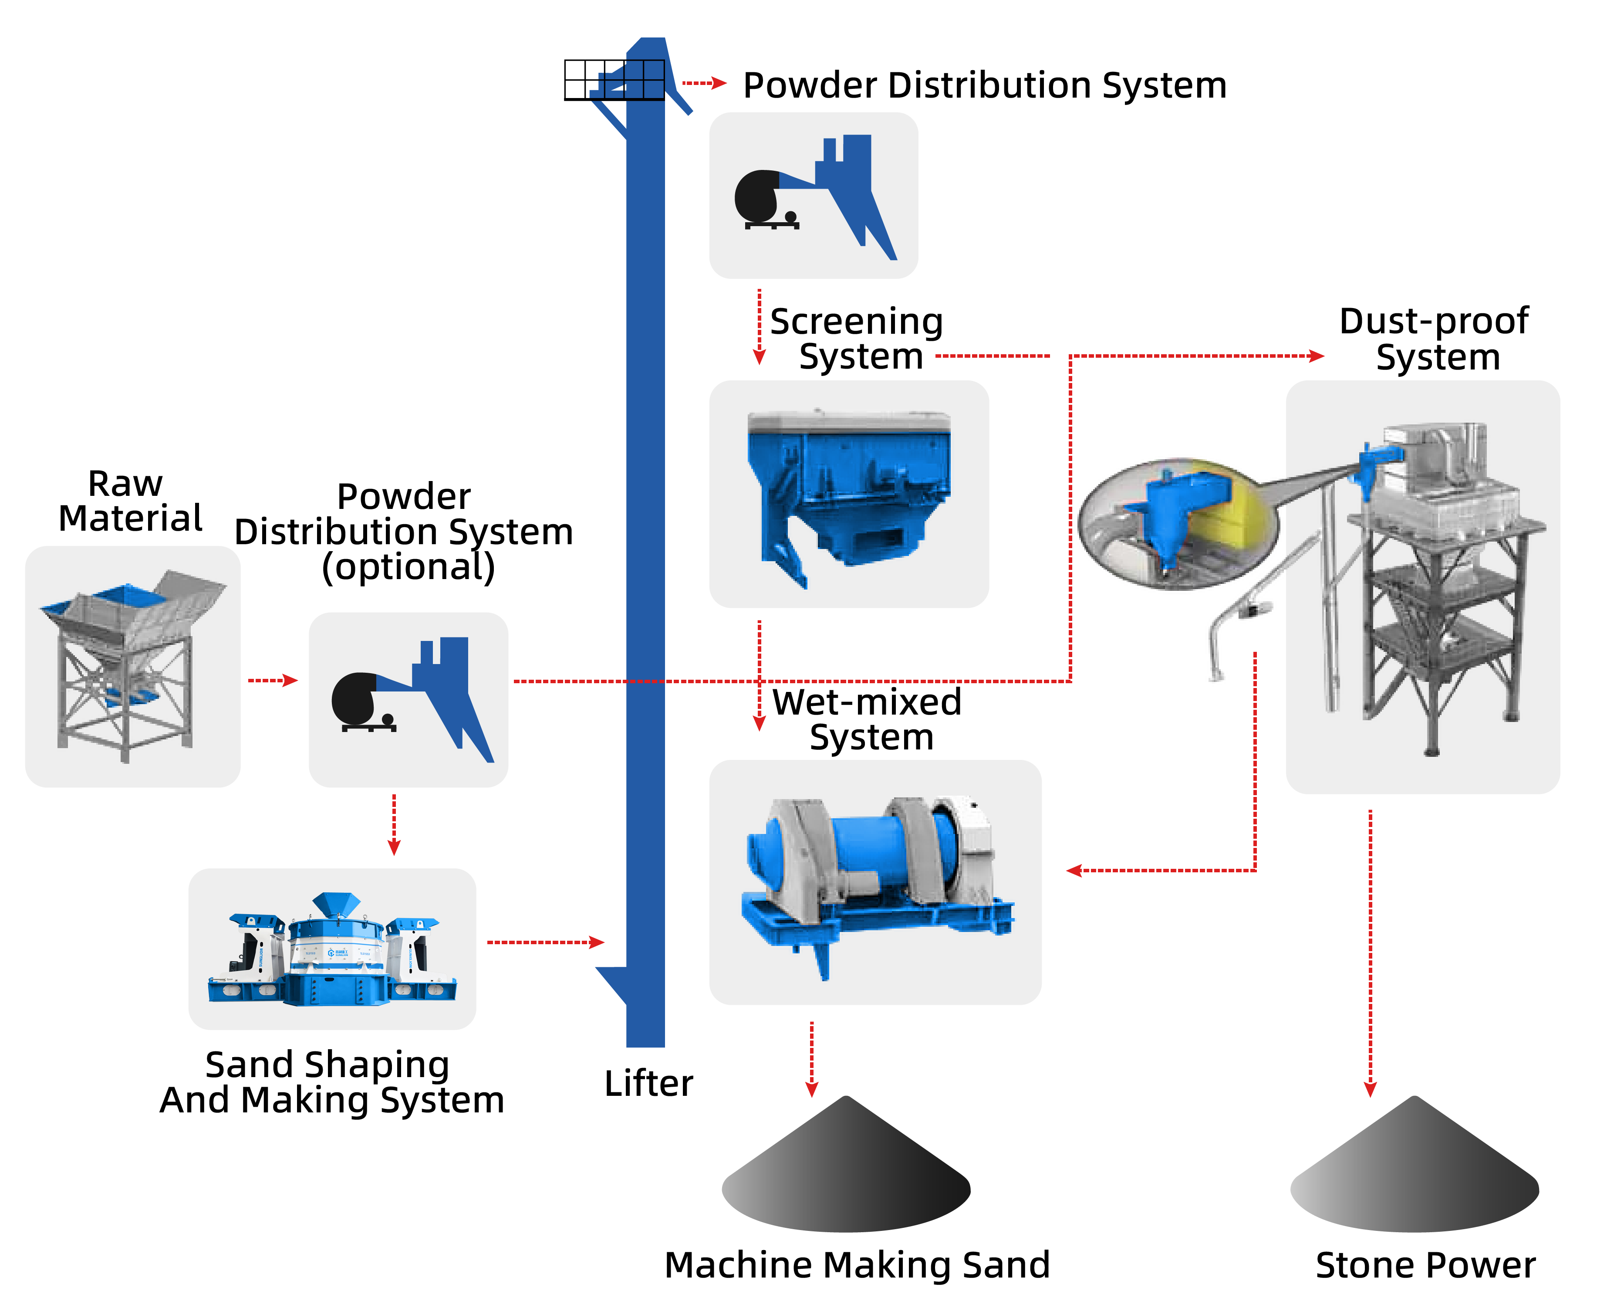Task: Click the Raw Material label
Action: tap(129, 502)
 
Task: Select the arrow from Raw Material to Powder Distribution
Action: tap(273, 680)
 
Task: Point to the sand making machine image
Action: tap(332, 951)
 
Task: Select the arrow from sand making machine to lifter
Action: tap(545, 942)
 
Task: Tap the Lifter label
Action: tap(648, 1083)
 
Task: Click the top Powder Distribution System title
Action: tap(984, 85)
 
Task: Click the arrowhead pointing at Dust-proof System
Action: tap(1317, 355)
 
